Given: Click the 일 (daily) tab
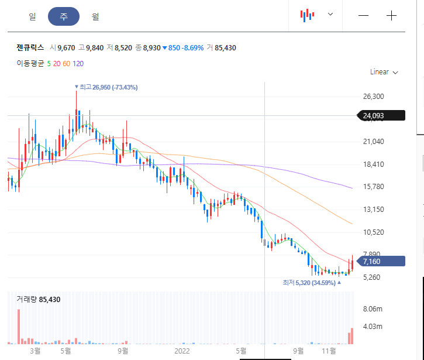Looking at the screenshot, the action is [32, 16].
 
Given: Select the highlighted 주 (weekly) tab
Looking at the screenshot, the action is [64, 16].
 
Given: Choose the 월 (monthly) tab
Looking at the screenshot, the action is [95, 16].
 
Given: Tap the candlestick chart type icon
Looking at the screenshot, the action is [307, 15].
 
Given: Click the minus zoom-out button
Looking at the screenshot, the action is [363, 15].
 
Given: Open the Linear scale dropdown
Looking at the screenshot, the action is [384, 72].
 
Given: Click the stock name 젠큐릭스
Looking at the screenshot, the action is [30, 47].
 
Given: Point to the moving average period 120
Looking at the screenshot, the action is [78, 64].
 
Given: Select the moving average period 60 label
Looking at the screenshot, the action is [66, 64].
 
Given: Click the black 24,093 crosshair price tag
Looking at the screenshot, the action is [381, 115].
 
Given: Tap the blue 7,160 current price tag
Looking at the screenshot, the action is [381, 261].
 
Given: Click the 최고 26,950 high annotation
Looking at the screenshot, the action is [106, 87].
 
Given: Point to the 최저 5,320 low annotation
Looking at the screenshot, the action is [312, 283].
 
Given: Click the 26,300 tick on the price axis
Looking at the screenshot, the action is [374, 97].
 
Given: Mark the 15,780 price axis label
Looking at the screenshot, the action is [374, 187].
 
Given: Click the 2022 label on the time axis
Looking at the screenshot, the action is [182, 351].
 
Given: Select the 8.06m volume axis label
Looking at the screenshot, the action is [373, 309].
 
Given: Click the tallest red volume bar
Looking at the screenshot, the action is [19, 327].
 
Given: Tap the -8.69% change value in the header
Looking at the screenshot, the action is [192, 48].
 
